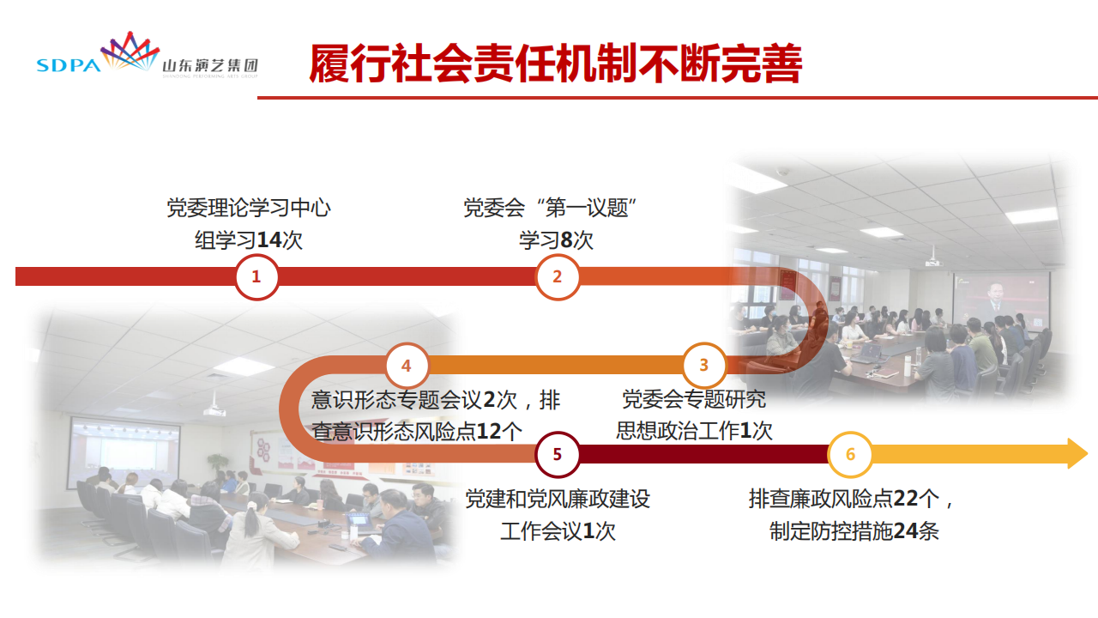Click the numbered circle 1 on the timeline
click(256, 276)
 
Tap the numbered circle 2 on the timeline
click(558, 276)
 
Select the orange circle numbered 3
click(704, 365)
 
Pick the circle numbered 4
click(407, 366)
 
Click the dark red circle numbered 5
click(558, 454)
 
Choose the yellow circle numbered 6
click(850, 454)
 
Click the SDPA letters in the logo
click(69, 65)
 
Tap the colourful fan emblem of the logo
click(130, 51)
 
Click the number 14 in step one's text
click(269, 240)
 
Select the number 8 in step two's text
click(566, 240)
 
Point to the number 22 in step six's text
click(905, 499)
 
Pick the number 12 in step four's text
click(489, 432)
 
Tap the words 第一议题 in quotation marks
click(587, 208)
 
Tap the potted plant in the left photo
click(217, 463)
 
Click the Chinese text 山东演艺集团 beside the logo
click(210, 66)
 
